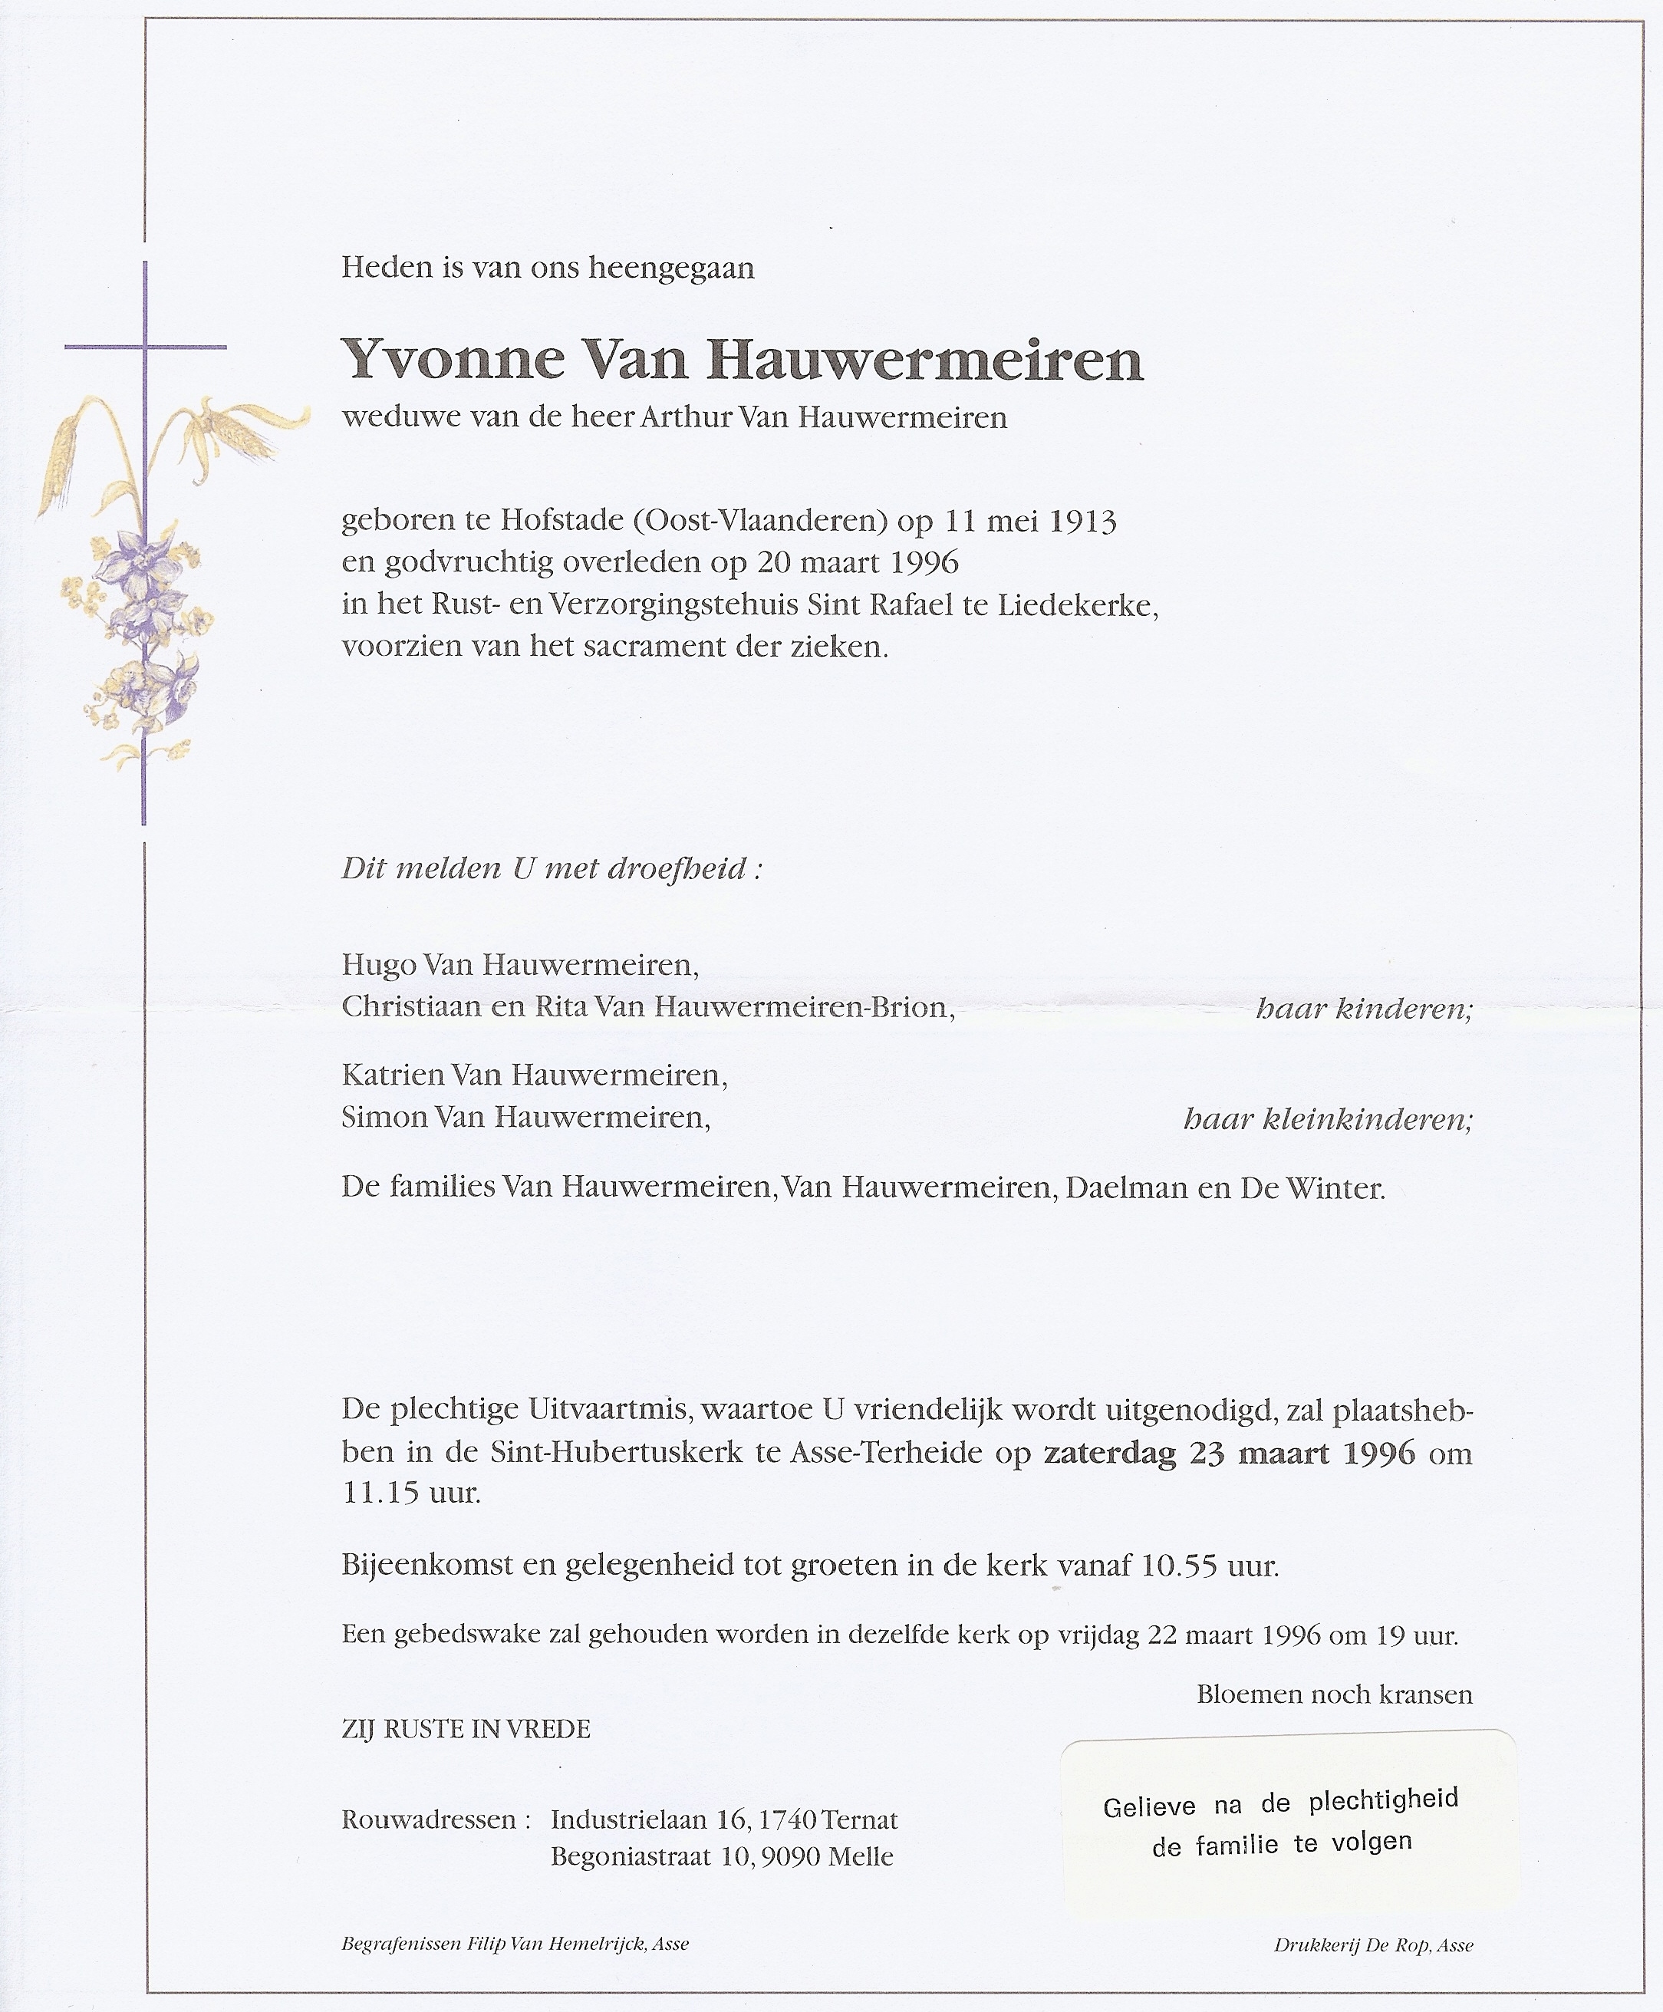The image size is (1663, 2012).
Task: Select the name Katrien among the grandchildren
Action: (393, 1075)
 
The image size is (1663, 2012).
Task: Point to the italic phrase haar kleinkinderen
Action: (1328, 1118)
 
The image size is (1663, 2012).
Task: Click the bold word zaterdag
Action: (1110, 1454)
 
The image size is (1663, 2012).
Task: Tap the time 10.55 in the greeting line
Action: (1181, 1566)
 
